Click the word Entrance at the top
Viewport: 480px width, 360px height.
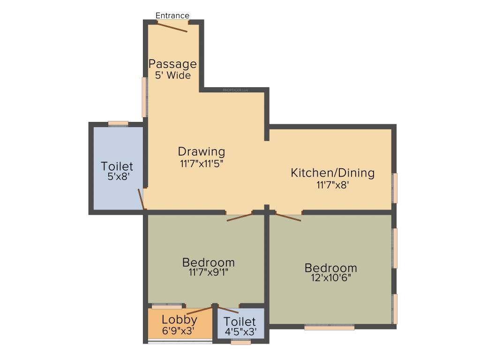point(172,16)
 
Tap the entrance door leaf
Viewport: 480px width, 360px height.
point(172,27)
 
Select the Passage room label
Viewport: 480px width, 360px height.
point(172,64)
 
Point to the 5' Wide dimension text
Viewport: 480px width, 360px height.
point(172,75)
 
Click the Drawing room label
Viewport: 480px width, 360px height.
point(201,151)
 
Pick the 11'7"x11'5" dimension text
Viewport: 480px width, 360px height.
point(201,164)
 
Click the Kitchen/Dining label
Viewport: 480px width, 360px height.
point(333,172)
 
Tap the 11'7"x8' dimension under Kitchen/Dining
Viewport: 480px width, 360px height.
point(333,185)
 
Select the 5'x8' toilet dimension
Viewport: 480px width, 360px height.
point(117,177)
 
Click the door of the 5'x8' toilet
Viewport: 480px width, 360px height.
point(141,199)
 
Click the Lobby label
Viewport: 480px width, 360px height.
point(180,320)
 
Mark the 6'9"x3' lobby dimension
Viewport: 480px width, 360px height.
point(180,330)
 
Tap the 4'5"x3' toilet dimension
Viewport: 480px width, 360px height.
point(240,332)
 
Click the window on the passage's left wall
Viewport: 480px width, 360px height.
point(145,97)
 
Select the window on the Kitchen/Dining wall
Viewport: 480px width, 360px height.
point(395,188)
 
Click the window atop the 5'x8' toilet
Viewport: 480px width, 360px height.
point(118,124)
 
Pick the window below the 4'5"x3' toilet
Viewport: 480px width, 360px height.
point(241,343)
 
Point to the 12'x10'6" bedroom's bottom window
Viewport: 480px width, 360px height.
point(329,328)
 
